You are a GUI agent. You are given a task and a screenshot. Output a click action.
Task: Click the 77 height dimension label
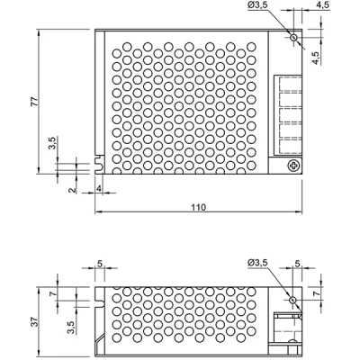[35, 102]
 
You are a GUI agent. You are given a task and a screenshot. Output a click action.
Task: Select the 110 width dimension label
[199, 207]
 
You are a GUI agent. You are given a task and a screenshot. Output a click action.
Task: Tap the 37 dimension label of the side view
[35, 321]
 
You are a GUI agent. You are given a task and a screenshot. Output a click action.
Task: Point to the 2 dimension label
[71, 190]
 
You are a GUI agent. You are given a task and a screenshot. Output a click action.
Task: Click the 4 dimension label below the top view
[99, 188]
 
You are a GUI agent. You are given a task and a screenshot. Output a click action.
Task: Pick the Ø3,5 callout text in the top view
[257, 6]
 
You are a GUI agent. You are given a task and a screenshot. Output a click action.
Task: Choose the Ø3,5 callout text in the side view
[257, 263]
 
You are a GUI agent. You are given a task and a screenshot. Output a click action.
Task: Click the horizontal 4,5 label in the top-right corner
[322, 5]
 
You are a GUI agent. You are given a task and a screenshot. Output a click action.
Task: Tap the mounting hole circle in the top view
[293, 38]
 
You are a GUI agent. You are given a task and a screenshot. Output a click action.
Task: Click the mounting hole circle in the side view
[292, 300]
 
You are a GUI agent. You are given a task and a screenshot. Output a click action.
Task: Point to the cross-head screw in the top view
[293, 166]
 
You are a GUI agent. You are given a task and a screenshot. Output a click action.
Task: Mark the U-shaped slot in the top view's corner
[99, 164]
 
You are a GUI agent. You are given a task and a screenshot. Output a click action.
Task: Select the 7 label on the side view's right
[315, 294]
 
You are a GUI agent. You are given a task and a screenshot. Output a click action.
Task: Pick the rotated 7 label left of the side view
[53, 294]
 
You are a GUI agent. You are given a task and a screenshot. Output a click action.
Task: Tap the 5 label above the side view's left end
[100, 264]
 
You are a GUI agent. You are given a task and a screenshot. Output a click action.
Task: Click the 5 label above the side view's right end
[297, 264]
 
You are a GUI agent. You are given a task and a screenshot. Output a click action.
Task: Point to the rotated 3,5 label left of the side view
[71, 328]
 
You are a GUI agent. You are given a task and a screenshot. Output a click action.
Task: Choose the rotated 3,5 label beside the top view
[52, 143]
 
